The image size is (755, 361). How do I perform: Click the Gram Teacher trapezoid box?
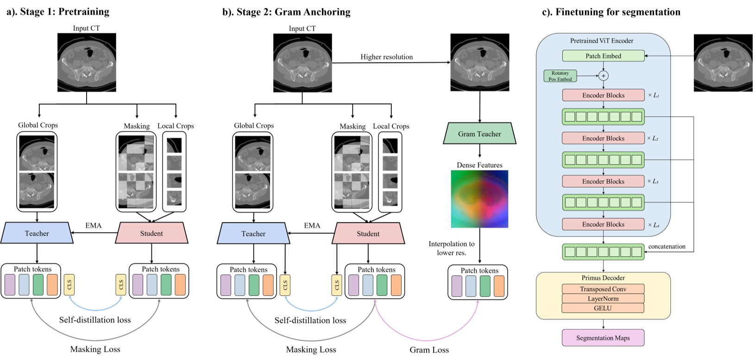point(479,133)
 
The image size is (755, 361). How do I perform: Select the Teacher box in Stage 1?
point(37,233)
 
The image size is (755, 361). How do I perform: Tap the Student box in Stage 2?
point(368,234)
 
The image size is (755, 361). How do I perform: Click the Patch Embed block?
point(603,56)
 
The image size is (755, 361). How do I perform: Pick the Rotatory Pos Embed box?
point(560,76)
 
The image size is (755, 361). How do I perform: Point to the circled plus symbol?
point(603,76)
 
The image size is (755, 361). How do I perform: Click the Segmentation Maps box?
point(603,338)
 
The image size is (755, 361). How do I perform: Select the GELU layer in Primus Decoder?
point(603,308)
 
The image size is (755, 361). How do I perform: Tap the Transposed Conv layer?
point(603,289)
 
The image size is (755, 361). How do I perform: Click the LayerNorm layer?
point(603,298)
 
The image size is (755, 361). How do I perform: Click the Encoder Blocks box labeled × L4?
point(603,224)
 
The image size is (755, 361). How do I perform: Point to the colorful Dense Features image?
point(479,199)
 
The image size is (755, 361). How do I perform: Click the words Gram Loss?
point(429,350)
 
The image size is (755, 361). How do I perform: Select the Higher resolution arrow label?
point(386,57)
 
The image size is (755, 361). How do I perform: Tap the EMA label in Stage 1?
point(93,225)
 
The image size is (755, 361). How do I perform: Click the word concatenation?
point(667,247)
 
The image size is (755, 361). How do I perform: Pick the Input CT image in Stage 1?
point(87,62)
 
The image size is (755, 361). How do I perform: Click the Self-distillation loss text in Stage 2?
point(310,320)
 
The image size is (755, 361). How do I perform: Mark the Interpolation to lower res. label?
point(452,248)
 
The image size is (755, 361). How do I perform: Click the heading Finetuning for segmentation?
point(611,12)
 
